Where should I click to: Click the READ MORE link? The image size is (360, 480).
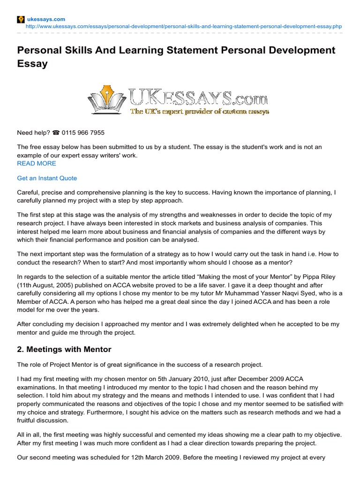(x=36, y=163)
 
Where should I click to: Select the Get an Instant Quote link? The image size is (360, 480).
(x=47, y=178)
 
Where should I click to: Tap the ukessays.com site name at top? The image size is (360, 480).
(x=45, y=19)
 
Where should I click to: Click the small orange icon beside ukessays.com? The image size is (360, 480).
(x=21, y=19)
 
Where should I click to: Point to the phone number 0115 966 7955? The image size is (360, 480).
(x=86, y=133)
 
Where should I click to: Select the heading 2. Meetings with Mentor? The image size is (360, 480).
(x=64, y=349)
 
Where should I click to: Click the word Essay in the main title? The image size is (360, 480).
(x=32, y=64)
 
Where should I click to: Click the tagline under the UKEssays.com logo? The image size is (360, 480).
(x=199, y=112)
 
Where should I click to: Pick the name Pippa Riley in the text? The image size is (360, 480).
(x=320, y=277)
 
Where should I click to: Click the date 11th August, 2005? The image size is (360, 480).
(x=43, y=285)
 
